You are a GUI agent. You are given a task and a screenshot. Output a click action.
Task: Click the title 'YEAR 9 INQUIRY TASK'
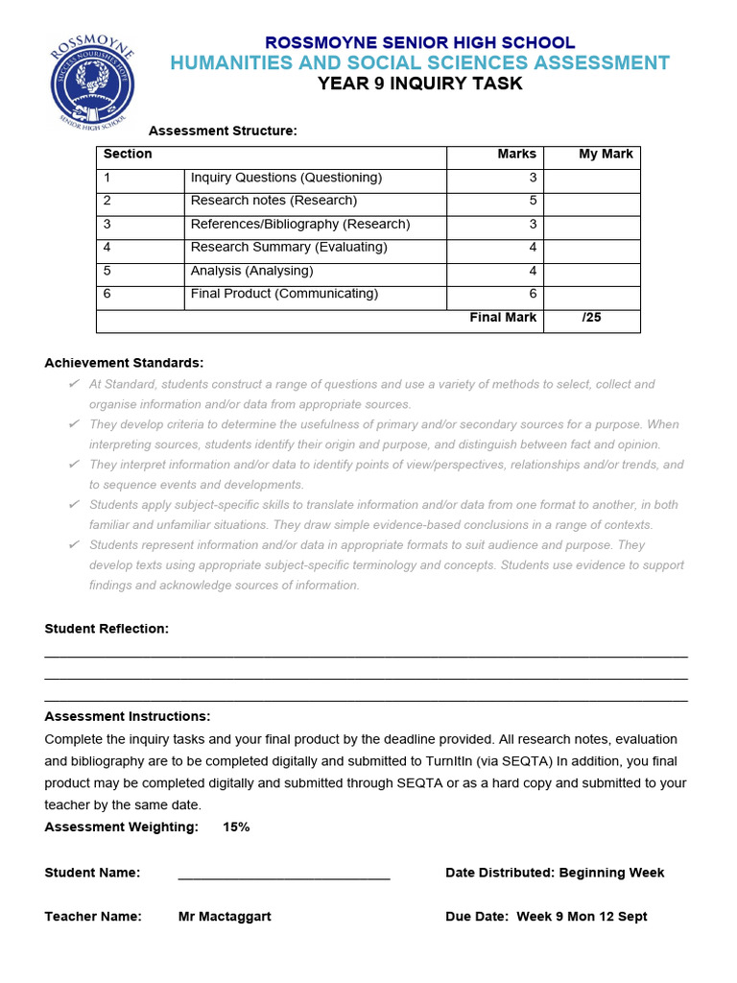(x=420, y=84)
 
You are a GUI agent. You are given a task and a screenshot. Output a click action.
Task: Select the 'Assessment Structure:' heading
(x=223, y=131)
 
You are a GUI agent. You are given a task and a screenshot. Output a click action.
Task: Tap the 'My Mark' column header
(x=606, y=154)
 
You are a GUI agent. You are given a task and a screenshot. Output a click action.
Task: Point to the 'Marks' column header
(x=516, y=154)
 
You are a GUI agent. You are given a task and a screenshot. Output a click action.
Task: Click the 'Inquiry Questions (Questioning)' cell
(x=286, y=178)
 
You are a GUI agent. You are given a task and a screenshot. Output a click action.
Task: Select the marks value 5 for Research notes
(x=532, y=201)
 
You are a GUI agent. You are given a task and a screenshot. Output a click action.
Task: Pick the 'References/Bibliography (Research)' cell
(x=300, y=224)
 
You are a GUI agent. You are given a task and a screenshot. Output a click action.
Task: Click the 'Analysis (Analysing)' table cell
(x=251, y=271)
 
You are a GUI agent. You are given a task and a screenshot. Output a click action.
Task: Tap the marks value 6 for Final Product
(x=532, y=294)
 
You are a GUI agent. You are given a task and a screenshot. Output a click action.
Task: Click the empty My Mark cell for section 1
(x=591, y=179)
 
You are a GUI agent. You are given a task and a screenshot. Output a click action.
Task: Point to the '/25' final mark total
(x=591, y=318)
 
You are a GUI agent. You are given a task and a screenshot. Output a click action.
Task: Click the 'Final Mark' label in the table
(x=503, y=318)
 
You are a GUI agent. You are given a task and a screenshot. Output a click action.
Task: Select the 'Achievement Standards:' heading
(x=124, y=363)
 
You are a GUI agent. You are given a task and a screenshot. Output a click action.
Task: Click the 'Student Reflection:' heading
(x=107, y=629)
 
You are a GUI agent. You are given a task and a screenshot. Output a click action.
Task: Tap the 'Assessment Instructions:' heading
(x=128, y=716)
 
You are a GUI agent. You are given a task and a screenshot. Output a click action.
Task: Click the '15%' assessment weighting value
(x=236, y=827)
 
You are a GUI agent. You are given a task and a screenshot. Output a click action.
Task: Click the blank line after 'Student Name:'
(x=284, y=874)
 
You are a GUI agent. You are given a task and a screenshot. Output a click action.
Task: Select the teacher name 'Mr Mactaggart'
(x=225, y=917)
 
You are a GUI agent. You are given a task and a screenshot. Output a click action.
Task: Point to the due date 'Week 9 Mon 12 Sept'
(x=582, y=917)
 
